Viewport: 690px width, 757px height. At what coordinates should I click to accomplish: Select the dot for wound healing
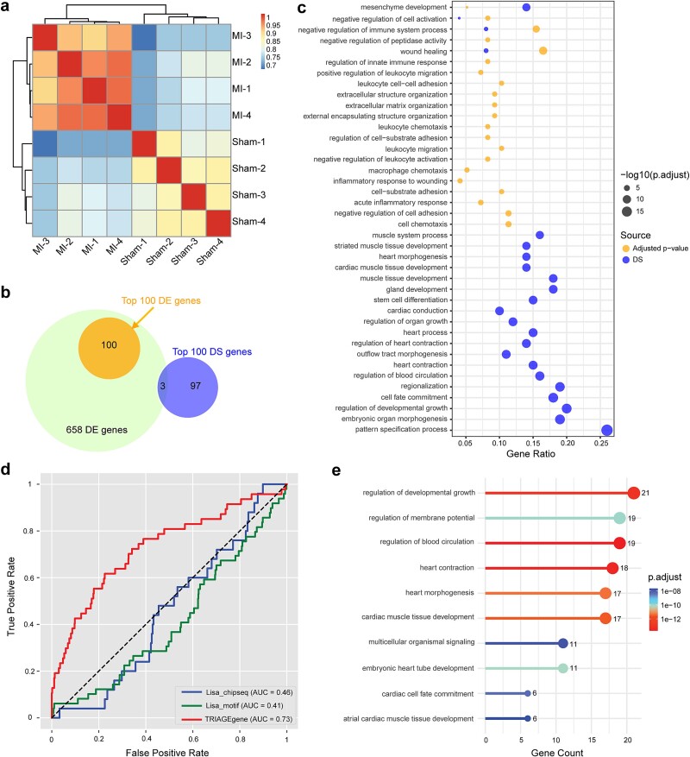click(543, 51)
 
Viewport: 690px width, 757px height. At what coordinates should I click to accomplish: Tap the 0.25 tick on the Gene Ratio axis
click(601, 443)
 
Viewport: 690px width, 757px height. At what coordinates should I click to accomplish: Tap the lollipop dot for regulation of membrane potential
click(619, 518)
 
